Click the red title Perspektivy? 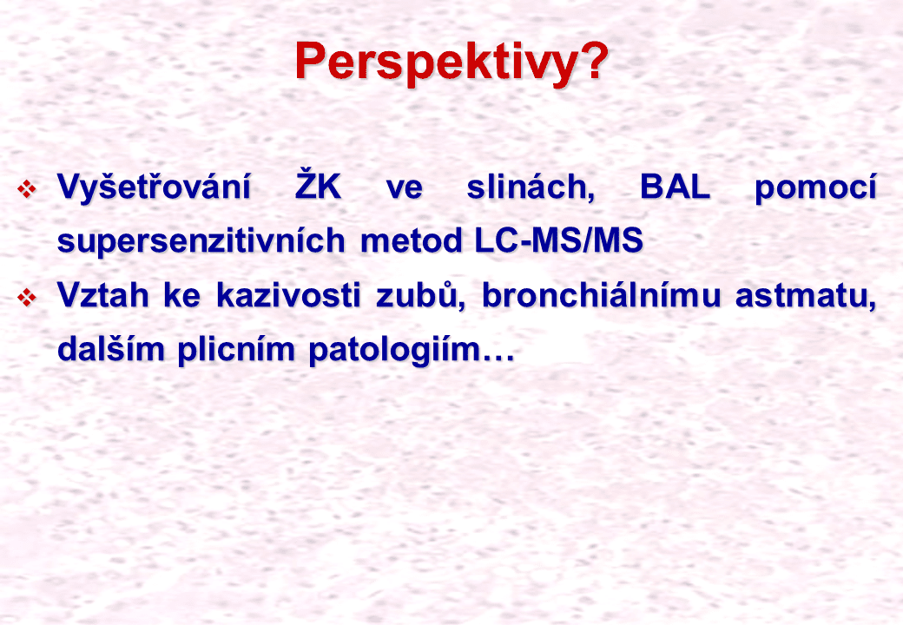tap(451, 62)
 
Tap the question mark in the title tap(592, 59)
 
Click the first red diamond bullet tap(27, 188)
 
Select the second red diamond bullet tap(27, 297)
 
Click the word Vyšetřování tap(154, 187)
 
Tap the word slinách tap(531, 187)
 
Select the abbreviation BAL tap(675, 187)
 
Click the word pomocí tap(815, 187)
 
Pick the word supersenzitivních tap(201, 240)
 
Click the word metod tap(412, 240)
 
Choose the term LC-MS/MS tap(558, 240)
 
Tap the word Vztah tap(103, 294)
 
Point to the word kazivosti tap(288, 294)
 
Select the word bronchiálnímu tap(601, 294)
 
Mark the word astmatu tap(806, 295)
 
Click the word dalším tap(110, 348)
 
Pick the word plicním tap(236, 349)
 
